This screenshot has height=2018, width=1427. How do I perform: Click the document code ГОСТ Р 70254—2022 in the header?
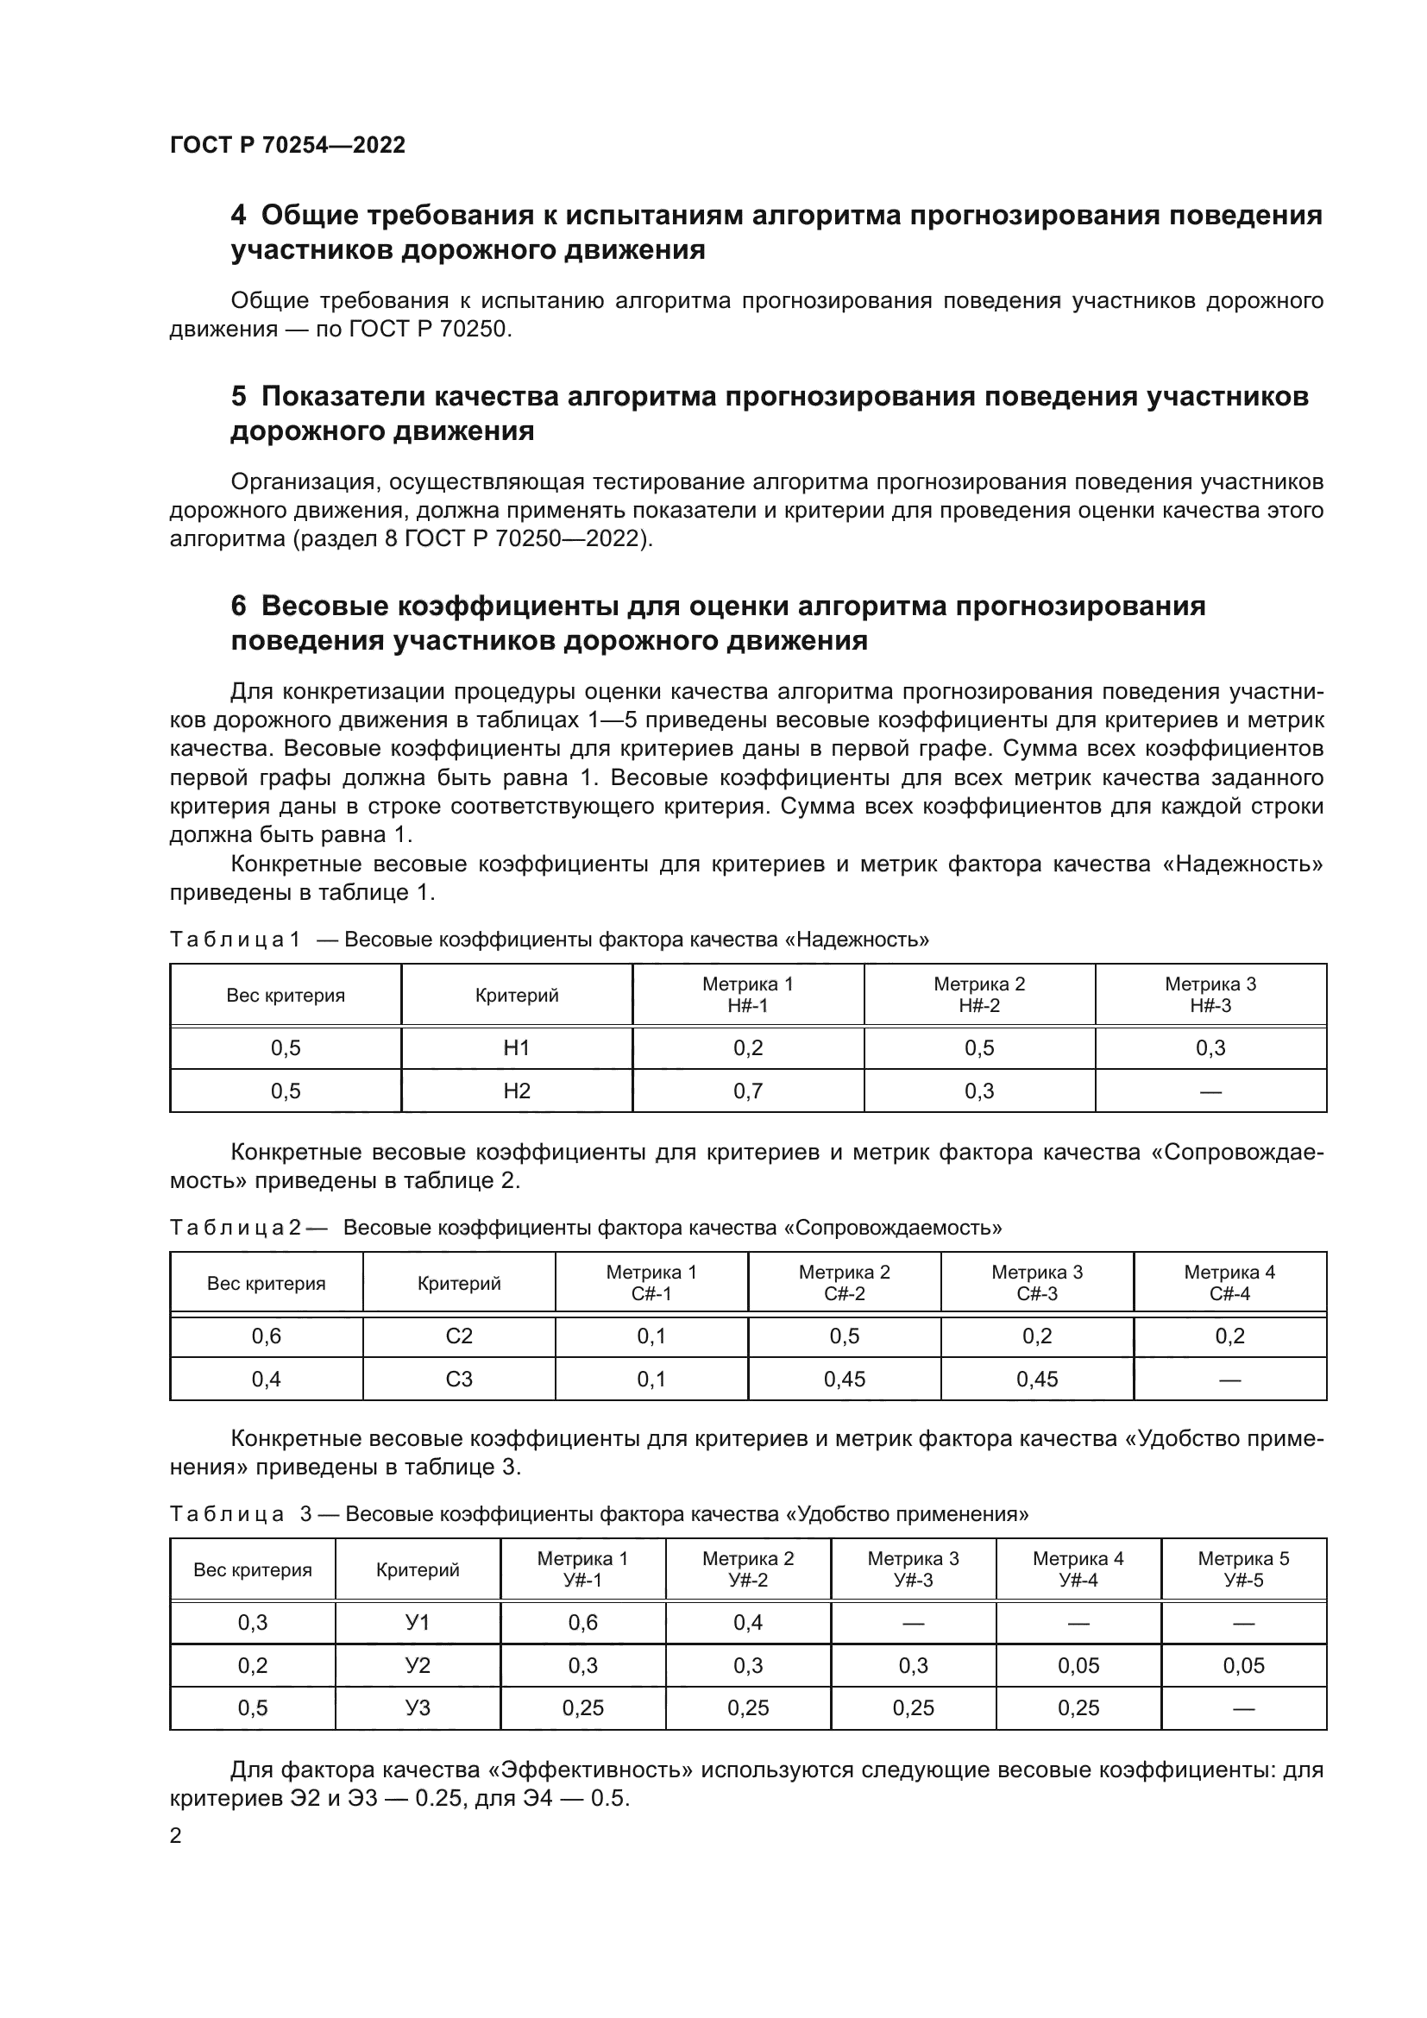(x=287, y=145)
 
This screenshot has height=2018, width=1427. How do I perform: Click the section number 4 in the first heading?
(x=238, y=216)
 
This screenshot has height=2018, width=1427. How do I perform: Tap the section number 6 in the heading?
(x=238, y=607)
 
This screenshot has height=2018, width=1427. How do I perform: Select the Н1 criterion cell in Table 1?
(x=517, y=1047)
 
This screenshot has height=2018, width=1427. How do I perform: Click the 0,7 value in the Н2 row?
(x=748, y=1091)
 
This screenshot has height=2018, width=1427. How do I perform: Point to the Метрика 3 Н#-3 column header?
(x=1210, y=994)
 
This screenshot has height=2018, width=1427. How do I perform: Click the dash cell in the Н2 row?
(x=1210, y=1091)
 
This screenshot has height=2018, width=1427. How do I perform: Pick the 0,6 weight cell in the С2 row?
(x=267, y=1336)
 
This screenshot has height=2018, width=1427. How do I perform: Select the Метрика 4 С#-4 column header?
(x=1229, y=1282)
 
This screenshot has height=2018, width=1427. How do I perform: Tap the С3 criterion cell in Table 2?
(x=459, y=1379)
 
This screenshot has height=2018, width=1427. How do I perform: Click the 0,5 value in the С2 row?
(x=845, y=1336)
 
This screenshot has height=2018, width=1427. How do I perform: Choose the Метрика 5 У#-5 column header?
(x=1243, y=1569)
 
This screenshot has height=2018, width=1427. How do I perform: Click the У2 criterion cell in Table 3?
(x=418, y=1665)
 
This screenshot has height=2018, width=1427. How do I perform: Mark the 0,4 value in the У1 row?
(x=748, y=1623)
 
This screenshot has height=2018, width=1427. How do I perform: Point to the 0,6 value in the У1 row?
(x=582, y=1623)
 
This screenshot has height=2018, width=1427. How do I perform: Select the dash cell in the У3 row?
(x=1243, y=1707)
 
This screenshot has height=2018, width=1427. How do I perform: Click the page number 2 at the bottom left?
(x=176, y=1835)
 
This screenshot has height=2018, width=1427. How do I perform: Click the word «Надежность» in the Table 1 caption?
(x=856, y=940)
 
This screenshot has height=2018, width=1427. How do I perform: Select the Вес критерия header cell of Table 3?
(x=252, y=1569)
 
